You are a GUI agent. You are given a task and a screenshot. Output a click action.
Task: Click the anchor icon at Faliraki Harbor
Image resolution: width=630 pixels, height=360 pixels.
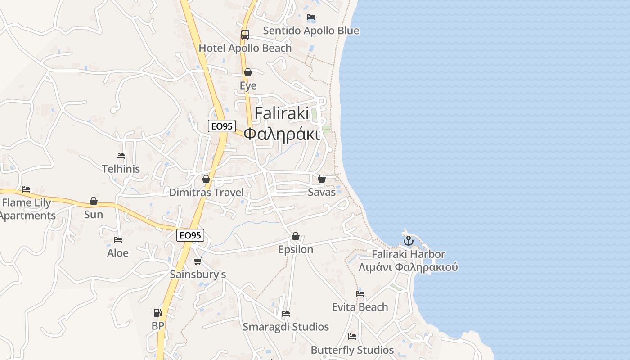[x=408, y=240]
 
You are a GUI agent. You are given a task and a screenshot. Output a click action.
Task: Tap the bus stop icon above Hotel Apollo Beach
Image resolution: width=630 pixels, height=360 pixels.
[x=245, y=35]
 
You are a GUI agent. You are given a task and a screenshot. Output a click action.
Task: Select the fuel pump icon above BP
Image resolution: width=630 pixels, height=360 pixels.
[x=157, y=312]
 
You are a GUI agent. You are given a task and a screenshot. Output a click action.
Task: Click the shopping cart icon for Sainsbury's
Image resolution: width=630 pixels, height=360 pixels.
[x=198, y=261]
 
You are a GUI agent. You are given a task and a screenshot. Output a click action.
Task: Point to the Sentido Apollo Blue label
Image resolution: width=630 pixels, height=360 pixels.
[x=311, y=31]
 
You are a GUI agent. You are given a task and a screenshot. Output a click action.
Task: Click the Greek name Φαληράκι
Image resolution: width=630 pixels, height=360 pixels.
[x=282, y=134]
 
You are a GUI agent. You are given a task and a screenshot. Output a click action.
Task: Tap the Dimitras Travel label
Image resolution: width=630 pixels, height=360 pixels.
[x=206, y=193]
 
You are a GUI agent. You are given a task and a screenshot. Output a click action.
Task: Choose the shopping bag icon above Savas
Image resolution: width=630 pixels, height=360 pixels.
[x=322, y=179]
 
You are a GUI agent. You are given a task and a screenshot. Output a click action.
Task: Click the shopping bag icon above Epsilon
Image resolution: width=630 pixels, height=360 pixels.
[x=296, y=236]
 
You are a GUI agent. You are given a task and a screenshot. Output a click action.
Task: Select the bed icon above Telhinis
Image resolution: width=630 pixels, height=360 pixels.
[x=121, y=156]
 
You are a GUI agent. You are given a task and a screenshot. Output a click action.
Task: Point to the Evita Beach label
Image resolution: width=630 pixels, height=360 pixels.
[x=360, y=307]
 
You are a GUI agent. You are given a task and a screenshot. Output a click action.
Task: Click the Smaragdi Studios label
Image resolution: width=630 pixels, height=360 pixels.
[x=286, y=327]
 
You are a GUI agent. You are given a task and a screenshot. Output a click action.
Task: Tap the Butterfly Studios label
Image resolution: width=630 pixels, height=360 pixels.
[x=352, y=350]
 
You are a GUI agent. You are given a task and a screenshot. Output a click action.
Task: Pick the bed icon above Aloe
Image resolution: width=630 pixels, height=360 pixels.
[x=118, y=240]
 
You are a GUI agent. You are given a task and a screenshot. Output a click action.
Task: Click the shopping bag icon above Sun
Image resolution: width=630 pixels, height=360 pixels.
[x=94, y=201]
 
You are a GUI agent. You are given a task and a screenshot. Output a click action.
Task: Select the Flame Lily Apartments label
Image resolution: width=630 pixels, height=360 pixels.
[x=27, y=209]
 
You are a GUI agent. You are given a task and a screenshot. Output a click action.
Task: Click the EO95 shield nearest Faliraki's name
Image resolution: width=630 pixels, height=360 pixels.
[x=222, y=126]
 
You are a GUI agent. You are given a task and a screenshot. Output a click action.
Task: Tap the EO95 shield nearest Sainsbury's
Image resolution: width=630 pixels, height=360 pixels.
[x=190, y=235]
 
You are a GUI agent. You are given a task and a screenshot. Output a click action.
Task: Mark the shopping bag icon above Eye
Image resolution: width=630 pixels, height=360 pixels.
[x=248, y=72]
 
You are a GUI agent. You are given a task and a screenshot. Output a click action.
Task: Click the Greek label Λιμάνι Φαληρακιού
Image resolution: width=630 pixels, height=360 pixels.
[x=408, y=267]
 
